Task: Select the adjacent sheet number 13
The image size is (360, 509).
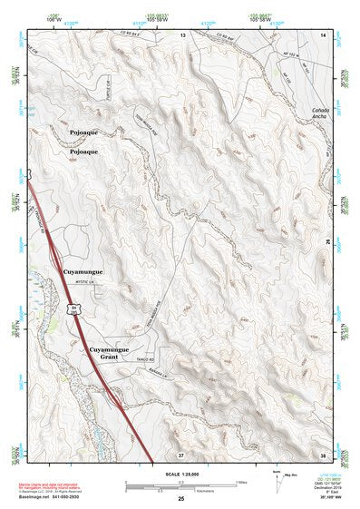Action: click(x=181, y=34)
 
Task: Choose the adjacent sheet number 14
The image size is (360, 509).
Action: click(x=324, y=34)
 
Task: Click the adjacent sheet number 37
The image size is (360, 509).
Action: click(x=181, y=453)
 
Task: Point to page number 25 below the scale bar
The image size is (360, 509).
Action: click(x=181, y=499)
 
